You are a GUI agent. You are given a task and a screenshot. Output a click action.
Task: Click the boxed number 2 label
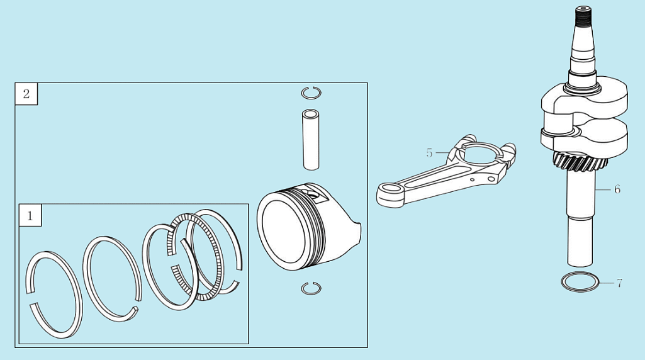26,94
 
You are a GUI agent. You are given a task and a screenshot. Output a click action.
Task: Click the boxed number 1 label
30,215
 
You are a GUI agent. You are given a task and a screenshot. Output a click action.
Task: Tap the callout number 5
429,153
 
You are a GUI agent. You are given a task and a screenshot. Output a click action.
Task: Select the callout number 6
617,189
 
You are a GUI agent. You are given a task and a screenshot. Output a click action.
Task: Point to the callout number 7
619,283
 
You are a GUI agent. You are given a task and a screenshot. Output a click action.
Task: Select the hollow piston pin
311,140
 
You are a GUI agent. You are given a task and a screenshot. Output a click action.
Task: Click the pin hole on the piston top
311,193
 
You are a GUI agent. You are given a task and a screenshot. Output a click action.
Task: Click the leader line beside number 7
607,283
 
